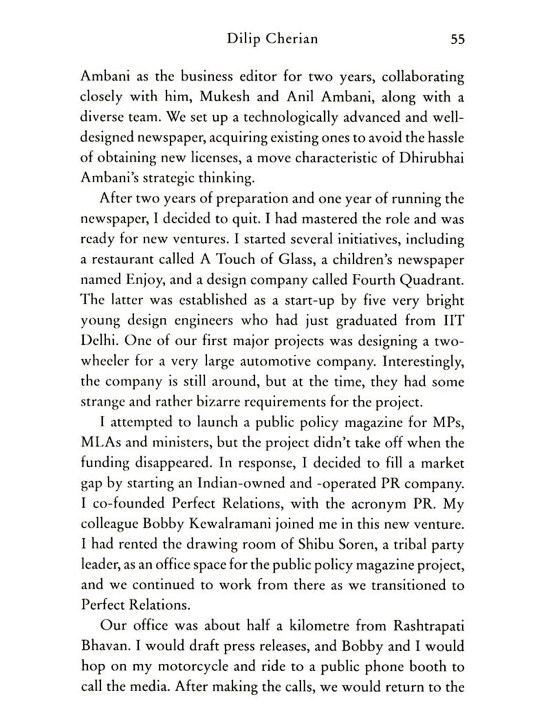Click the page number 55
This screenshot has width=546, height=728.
click(458, 39)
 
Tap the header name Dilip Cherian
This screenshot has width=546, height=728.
click(272, 39)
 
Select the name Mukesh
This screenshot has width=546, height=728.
click(225, 97)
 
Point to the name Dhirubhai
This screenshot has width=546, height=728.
click(431, 158)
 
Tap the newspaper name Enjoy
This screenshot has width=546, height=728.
click(144, 280)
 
